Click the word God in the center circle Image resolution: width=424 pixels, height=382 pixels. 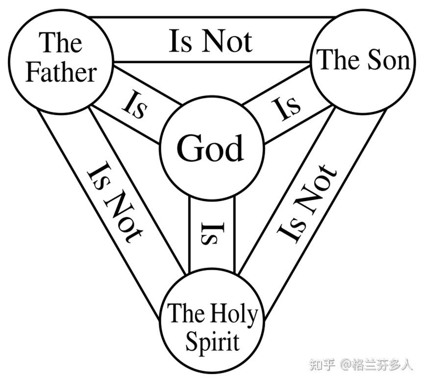[210, 148]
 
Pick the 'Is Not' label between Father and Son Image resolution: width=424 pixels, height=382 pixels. [211, 41]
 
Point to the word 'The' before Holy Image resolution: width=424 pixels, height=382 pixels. [183, 312]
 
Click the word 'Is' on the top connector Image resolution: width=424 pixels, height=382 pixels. [180, 41]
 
